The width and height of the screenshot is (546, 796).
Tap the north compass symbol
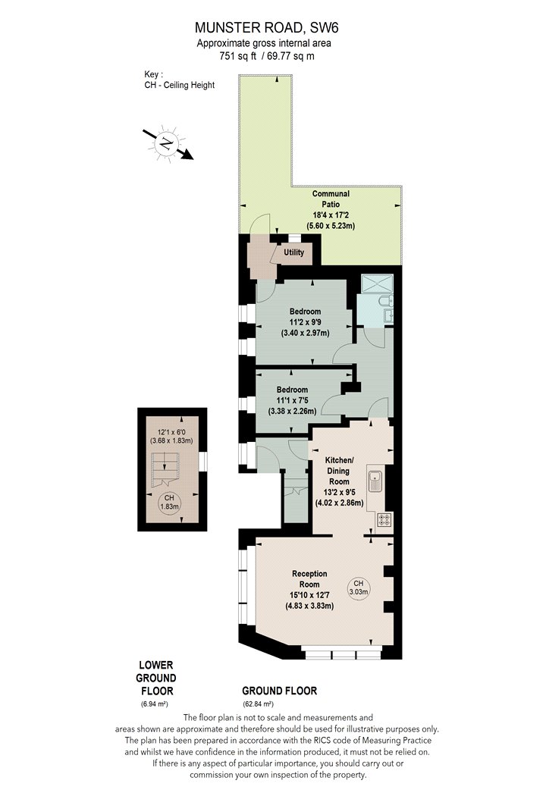[x=167, y=144]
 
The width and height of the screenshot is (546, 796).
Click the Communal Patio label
[x=331, y=199]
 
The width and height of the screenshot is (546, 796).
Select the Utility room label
[x=293, y=252]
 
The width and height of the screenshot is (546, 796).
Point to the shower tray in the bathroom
[x=375, y=284]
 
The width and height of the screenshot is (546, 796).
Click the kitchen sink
[x=375, y=481]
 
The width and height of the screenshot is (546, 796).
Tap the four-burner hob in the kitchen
[x=384, y=519]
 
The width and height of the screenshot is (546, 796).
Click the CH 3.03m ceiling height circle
[x=358, y=588]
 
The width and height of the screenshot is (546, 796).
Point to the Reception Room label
[x=309, y=578]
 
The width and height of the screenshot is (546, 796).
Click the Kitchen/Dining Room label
[x=339, y=471]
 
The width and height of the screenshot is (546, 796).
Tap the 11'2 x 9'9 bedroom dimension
[x=306, y=322]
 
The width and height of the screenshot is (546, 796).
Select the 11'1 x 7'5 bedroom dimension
[x=292, y=400]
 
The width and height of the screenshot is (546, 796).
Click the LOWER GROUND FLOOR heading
[x=156, y=678]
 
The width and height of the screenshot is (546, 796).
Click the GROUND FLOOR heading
[x=279, y=691]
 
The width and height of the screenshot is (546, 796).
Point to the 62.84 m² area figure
[x=258, y=704]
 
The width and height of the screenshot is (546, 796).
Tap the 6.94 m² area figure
[x=155, y=704]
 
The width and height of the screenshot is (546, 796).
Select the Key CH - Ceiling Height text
[x=179, y=80]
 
